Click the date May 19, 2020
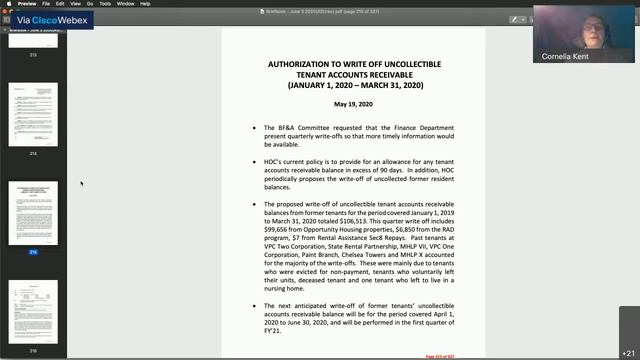pos(352,105)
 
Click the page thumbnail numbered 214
pos(34,115)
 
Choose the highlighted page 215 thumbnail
pos(34,211)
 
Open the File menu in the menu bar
pos(61,4)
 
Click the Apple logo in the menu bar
pos(7,4)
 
